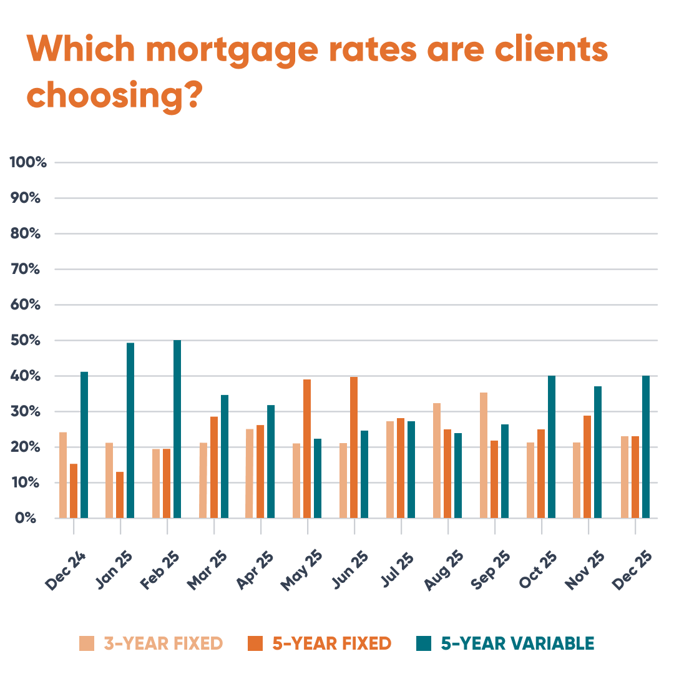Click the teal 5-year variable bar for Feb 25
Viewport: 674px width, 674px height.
177,429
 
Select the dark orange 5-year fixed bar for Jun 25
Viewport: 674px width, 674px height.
354,447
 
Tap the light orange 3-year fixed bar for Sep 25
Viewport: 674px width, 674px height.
484,456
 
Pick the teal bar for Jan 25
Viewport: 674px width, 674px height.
130,431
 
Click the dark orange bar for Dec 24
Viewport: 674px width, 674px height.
74,491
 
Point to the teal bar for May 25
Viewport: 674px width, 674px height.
318,479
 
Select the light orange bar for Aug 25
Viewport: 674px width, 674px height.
437,461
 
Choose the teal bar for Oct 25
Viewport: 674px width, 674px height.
552,447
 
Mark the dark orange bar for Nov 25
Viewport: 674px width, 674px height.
587,467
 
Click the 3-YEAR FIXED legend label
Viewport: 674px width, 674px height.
163,643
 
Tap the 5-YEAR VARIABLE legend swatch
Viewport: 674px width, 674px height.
424,643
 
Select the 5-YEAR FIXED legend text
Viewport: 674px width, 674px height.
331,643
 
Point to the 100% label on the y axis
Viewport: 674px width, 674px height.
29,163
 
